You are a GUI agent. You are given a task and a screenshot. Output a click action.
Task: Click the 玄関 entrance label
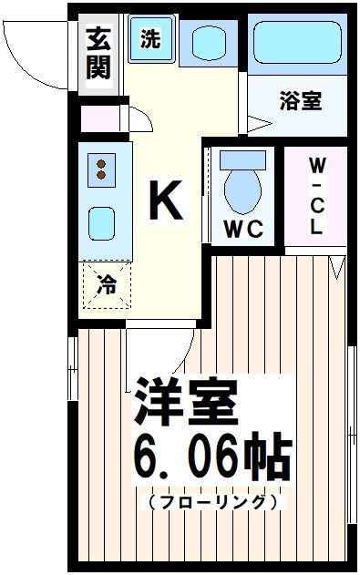tap(98, 53)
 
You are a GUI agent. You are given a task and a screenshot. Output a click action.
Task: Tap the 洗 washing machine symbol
tap(149, 40)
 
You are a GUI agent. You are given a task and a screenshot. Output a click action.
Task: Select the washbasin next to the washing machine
tap(208, 42)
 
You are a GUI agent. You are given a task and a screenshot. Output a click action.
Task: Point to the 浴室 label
tap(300, 101)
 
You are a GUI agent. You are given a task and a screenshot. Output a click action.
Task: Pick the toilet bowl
tap(242, 185)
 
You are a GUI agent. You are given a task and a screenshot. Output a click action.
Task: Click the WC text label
tap(242, 230)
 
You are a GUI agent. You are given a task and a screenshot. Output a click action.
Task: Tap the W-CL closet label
tap(314, 196)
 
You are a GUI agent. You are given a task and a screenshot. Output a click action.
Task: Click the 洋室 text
tap(187, 402)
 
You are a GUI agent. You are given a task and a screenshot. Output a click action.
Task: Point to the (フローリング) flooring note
tap(211, 502)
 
